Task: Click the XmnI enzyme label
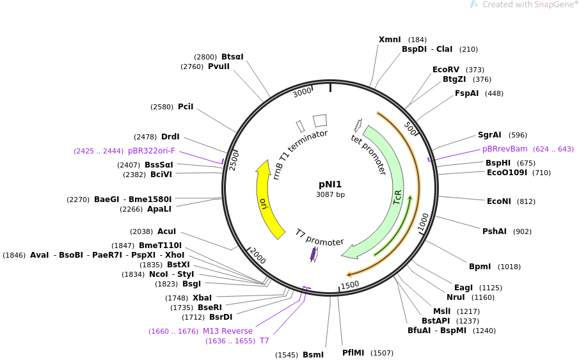point(390,40)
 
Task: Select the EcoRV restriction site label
point(446,70)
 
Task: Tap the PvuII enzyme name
point(219,67)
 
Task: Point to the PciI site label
point(186,107)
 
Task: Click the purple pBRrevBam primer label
point(505,149)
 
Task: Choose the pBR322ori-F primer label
point(152,151)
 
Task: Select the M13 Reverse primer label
point(228,331)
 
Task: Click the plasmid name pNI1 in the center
point(330,184)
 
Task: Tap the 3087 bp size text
point(330,194)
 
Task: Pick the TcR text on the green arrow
point(398,198)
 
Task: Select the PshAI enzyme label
point(494,231)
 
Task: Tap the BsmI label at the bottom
point(313,355)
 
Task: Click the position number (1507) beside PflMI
point(382,353)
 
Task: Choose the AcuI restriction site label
point(166,231)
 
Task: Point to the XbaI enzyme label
point(202,298)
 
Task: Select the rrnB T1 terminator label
point(299,154)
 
